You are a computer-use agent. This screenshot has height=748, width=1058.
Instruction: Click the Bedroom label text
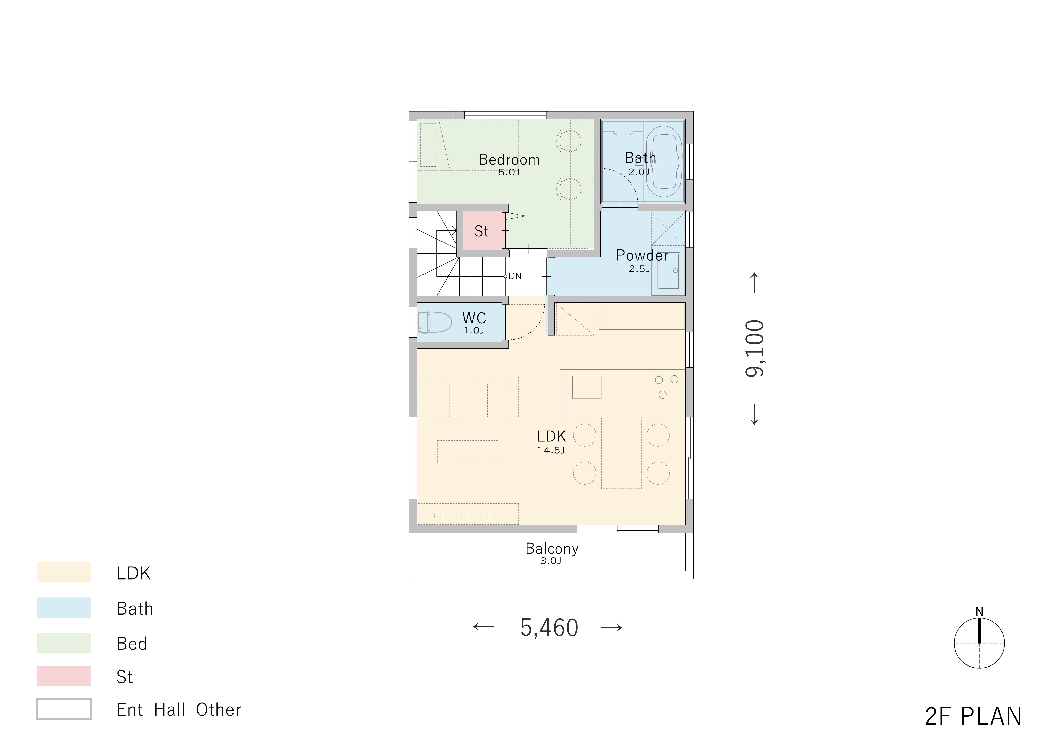509,160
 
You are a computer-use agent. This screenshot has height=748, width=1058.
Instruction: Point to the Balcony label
551,549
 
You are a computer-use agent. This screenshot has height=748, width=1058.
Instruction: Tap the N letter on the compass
979,612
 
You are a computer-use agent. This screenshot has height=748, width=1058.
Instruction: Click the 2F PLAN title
973,716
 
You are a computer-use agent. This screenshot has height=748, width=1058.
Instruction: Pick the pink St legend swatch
64,676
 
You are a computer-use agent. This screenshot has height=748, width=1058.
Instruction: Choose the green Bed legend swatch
64,643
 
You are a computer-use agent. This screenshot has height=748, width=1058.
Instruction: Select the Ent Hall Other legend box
64,709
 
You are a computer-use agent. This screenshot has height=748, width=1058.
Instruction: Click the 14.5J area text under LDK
551,450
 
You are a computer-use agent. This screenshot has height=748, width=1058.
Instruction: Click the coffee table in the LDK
468,451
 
